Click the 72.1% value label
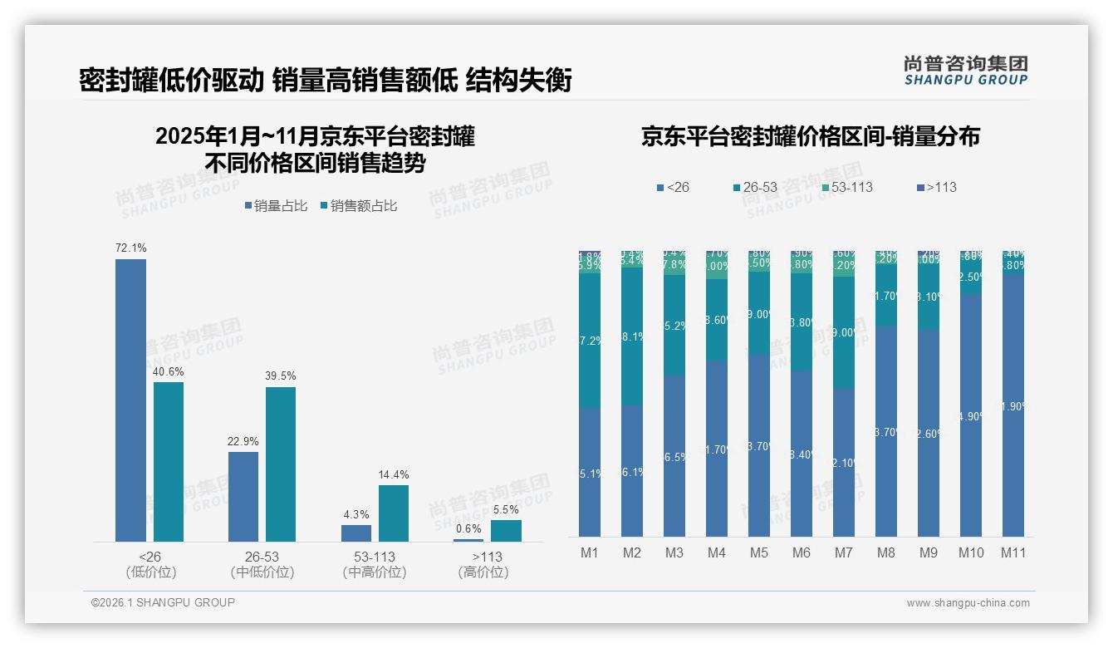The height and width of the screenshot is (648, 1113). (130, 248)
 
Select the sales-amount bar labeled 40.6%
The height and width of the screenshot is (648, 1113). (169, 461)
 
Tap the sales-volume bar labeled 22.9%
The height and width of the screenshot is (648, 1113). (243, 496)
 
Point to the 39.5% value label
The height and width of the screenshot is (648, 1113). (281, 376)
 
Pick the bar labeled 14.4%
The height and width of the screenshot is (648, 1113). (394, 513)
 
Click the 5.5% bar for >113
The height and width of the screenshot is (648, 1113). (506, 531)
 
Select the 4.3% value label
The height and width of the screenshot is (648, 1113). (356, 514)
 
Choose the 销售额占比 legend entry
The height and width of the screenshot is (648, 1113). (358, 206)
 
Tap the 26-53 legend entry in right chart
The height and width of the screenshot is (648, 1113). (755, 187)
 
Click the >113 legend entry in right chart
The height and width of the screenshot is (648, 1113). (936, 187)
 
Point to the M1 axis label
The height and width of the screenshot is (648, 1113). (590, 552)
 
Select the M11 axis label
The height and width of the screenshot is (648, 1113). (1013, 552)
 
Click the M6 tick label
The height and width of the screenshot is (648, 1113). (802, 552)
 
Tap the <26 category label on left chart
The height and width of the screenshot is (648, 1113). (150, 557)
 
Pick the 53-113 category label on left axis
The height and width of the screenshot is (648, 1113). (375, 557)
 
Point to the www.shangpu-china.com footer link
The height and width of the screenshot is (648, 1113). (968, 603)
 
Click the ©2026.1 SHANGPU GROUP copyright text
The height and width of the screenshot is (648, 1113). (163, 602)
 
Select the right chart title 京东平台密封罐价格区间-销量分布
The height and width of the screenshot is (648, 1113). (810, 137)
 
